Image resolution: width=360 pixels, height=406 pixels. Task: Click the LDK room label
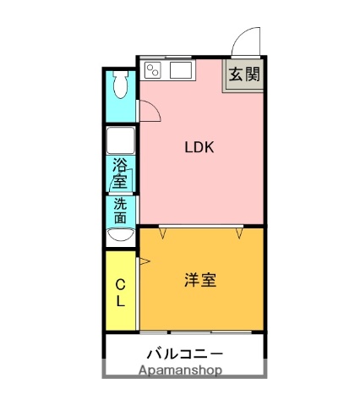(200, 146)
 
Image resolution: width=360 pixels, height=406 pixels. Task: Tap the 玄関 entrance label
(243, 74)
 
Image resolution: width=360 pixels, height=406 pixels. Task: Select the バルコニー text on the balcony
(184, 353)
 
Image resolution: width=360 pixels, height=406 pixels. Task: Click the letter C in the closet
(120, 284)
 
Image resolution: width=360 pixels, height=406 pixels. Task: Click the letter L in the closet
(120, 300)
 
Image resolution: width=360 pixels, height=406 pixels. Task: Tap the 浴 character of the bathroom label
(119, 165)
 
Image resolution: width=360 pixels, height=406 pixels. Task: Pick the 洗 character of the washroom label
(120, 204)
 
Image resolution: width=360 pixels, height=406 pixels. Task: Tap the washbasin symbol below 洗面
(120, 234)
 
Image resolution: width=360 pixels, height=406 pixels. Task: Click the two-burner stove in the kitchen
(152, 69)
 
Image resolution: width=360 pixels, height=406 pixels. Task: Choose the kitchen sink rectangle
(181, 69)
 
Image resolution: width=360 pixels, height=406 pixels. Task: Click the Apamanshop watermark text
(180, 370)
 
